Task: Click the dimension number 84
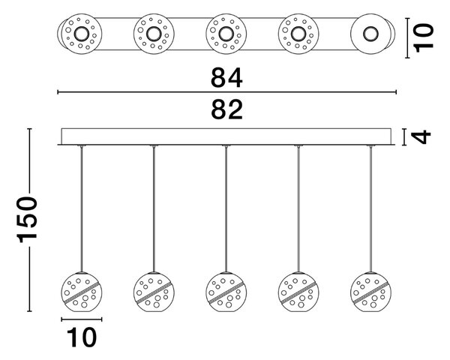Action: point(226,77)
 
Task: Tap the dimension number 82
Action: point(226,109)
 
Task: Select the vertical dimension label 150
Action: point(27,220)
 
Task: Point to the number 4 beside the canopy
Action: point(421,136)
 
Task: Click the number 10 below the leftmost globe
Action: point(82,337)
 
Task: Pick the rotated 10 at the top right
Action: point(424,38)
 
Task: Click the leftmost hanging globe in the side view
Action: point(82,292)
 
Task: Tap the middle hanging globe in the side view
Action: point(226,292)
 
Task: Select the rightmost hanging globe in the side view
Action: point(370,292)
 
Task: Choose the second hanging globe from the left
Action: point(154,292)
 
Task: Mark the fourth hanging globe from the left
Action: point(298,292)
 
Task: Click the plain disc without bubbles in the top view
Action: point(370,34)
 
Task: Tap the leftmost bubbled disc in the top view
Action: point(82,34)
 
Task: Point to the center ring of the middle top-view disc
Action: point(226,27)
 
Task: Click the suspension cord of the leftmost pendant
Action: point(82,209)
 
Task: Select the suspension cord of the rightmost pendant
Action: point(370,209)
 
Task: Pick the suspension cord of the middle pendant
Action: point(226,209)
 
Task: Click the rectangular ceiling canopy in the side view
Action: point(226,136)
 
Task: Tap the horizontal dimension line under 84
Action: point(226,92)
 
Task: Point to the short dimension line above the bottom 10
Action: point(82,319)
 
